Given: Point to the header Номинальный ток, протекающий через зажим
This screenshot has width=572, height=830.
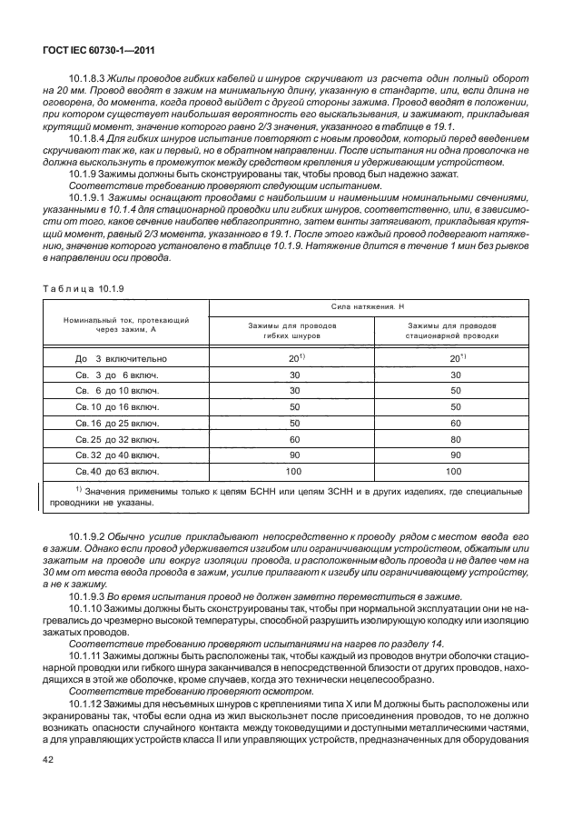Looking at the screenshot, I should pyautogui.click(x=125, y=326).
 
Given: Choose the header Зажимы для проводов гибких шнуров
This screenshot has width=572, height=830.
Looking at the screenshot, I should pyautogui.click(x=293, y=331).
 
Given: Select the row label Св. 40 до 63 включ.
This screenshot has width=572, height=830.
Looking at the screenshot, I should pyautogui.click(x=117, y=472).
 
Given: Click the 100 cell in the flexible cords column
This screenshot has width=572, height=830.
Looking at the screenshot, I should pyautogui.click(x=293, y=472).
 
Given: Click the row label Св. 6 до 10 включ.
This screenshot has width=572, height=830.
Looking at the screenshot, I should pyautogui.click(x=117, y=391).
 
